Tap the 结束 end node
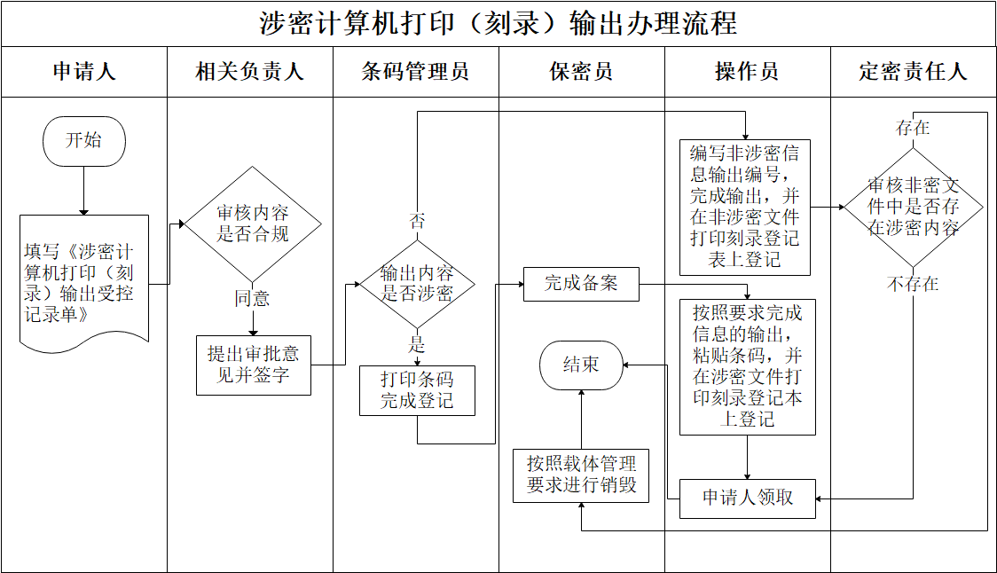click(581, 365)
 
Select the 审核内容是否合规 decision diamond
click(253, 224)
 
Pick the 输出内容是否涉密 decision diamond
click(417, 283)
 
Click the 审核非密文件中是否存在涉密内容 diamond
click(913, 207)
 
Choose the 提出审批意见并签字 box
click(253, 365)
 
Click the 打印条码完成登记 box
click(417, 390)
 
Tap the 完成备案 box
click(581, 284)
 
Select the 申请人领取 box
click(748, 498)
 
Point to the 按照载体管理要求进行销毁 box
click(581, 475)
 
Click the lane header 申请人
click(84, 72)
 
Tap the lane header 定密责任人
click(913, 72)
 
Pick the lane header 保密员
click(581, 72)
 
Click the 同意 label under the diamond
click(253, 299)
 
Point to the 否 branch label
click(417, 221)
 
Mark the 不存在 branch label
click(913, 285)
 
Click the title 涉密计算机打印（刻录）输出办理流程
click(498, 23)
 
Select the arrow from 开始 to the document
click(84, 190)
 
